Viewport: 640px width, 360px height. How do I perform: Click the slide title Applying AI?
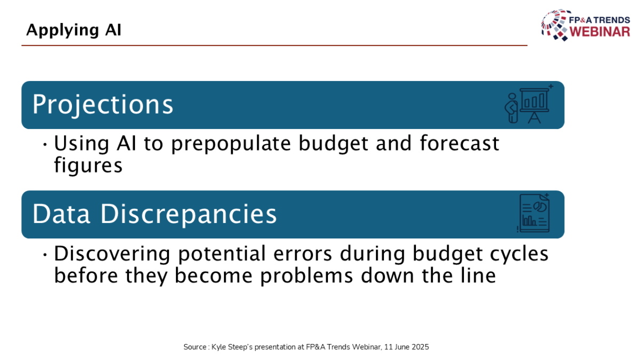point(74,30)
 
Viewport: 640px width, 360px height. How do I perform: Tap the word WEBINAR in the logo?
point(599,31)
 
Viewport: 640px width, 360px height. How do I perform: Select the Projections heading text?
point(102,105)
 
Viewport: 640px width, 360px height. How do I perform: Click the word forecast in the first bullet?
point(460,143)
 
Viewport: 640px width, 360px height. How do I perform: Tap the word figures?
point(89,166)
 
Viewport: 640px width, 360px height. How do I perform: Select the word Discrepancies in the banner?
point(189,214)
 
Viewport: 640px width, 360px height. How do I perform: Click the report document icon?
point(534,213)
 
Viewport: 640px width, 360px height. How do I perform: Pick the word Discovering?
point(112,254)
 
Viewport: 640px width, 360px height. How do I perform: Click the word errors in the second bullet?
point(302,254)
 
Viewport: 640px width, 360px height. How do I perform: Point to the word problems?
point(307,276)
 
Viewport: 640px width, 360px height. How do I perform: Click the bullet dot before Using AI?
point(45,145)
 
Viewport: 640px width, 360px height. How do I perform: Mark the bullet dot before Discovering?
point(45,254)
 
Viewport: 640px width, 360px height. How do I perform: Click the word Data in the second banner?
point(61,214)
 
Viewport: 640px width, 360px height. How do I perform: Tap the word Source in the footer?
point(195,347)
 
